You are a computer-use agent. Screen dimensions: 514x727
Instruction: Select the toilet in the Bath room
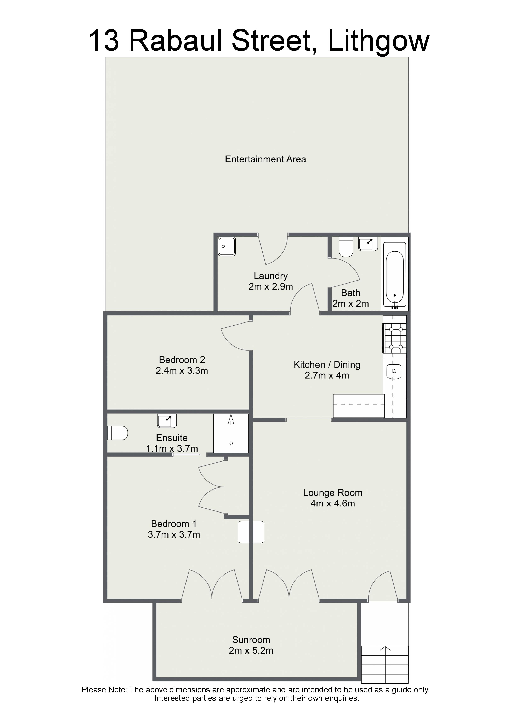coord(346,247)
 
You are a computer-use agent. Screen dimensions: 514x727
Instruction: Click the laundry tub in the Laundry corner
coord(227,246)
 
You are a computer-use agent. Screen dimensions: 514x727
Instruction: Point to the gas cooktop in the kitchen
coord(395,338)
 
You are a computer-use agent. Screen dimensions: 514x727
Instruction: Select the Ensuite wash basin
coord(167,421)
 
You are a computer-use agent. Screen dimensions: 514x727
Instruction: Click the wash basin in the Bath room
coord(368,244)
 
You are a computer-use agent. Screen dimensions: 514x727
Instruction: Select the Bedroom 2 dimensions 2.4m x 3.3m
coord(182,371)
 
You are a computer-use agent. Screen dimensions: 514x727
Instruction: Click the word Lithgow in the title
coord(379,41)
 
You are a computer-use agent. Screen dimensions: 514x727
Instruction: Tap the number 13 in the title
coord(104,41)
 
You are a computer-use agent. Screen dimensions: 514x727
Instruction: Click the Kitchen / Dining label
coord(327,365)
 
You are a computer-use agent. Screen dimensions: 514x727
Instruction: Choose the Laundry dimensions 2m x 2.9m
coord(271,287)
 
